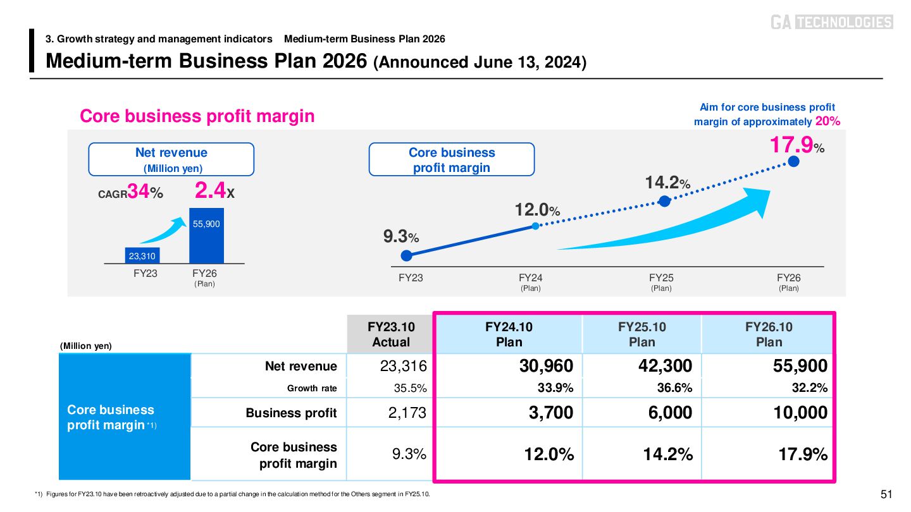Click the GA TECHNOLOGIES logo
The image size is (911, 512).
[831, 22]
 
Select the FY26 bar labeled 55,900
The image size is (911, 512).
[206, 236]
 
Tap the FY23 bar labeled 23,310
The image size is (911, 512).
[142, 255]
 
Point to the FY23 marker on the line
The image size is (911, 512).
[407, 255]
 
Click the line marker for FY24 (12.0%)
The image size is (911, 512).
[535, 226]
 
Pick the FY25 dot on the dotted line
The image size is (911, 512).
[664, 201]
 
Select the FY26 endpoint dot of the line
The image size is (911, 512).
[794, 161]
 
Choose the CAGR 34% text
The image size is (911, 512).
[131, 193]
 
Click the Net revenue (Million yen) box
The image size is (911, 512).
[171, 159]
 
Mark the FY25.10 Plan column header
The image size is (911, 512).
[641, 334]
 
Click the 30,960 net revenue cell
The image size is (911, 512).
[547, 366]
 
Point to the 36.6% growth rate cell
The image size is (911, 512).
[674, 388]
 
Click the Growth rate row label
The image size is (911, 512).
[312, 388]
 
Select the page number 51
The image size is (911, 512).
[886, 494]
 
